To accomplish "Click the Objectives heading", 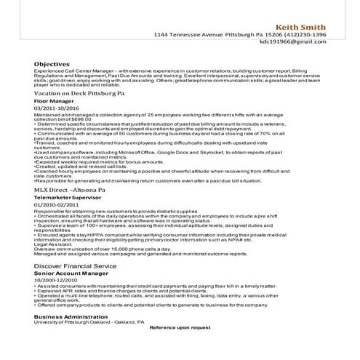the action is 51,64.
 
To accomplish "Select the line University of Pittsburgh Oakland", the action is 70,322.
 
